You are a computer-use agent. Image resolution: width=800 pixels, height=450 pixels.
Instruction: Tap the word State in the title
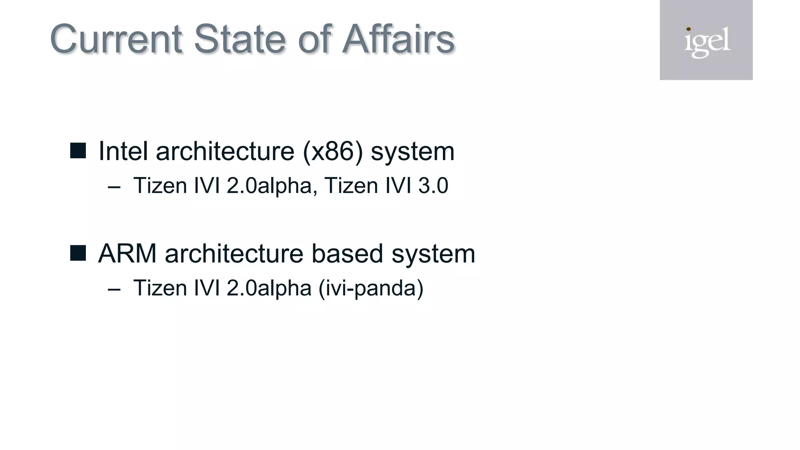coord(239,39)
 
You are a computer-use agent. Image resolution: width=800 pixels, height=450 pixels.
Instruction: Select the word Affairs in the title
coord(398,39)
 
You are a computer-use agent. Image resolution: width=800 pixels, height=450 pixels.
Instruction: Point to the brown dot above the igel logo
coord(688,29)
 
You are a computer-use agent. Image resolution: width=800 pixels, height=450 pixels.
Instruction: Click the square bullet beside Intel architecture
coord(78,151)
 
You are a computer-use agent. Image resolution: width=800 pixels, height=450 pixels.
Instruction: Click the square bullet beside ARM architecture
coord(78,253)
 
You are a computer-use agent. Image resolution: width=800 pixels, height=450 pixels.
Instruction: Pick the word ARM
coord(128,254)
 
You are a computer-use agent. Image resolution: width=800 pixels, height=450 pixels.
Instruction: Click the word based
coord(347,254)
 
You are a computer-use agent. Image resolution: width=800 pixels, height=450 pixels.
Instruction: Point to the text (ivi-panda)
coord(371,288)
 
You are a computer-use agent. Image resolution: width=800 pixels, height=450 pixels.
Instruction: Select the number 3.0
coord(433,186)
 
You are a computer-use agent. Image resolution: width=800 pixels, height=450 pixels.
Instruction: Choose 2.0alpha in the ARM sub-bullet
coord(269,288)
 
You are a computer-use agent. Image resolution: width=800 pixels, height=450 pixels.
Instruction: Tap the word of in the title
coord(315,39)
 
